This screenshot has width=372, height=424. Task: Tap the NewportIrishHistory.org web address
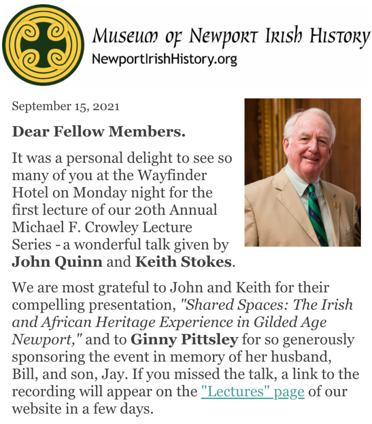click(164, 60)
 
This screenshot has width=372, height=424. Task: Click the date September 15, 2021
click(65, 106)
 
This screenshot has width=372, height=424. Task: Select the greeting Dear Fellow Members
click(98, 132)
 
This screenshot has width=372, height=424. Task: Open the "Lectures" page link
click(252, 391)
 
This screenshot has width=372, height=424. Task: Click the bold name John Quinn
click(57, 262)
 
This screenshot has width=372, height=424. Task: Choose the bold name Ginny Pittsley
click(184, 340)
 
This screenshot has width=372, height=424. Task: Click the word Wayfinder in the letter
click(170, 175)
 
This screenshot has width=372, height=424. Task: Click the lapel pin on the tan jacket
click(336, 205)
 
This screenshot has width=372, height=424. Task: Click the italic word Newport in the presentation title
click(46, 340)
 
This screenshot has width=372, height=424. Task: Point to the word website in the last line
click(39, 408)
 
